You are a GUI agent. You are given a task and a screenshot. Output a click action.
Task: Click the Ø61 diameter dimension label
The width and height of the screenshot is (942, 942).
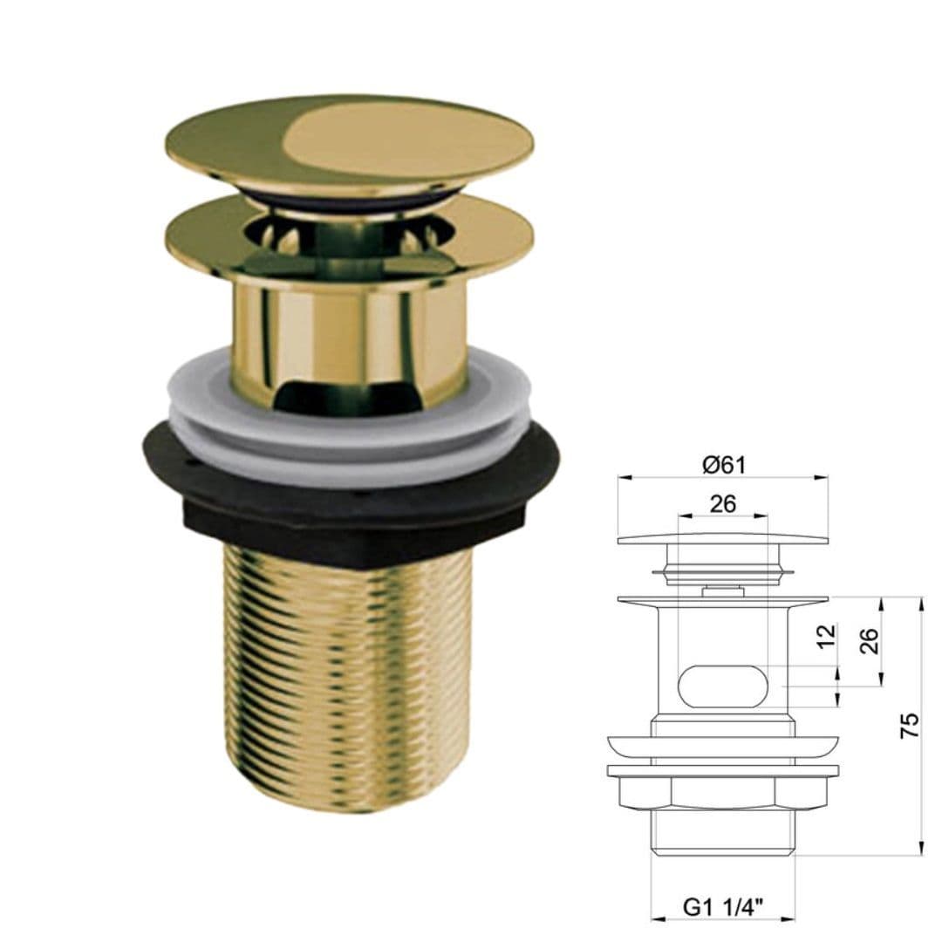pos(723,465)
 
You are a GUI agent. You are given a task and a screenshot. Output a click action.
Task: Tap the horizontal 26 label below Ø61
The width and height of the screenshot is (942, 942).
pos(723,503)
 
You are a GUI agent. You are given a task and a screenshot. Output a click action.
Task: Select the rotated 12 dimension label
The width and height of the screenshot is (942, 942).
pos(828,633)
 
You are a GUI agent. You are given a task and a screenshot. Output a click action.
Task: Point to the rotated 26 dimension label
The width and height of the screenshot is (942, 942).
pos(869,643)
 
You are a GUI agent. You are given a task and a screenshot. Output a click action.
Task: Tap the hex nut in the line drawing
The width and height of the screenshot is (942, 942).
pos(723,792)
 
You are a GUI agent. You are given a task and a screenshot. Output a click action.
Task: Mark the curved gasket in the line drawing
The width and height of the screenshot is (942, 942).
pos(723,748)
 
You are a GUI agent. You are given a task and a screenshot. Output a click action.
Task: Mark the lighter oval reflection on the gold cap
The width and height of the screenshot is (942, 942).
pos(375,140)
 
